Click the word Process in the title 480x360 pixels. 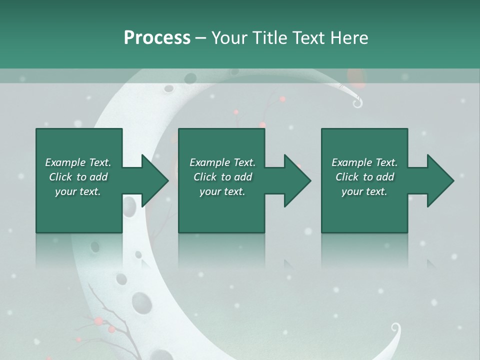coord(157,38)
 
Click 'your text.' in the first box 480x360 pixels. coord(78,191)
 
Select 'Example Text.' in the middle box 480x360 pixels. coord(222,162)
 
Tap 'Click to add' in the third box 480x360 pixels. coord(364,177)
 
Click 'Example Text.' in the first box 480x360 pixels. coord(78,162)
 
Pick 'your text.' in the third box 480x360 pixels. coord(364,191)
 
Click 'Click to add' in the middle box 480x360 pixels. coord(222,177)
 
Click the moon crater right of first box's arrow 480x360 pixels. coord(129,205)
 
